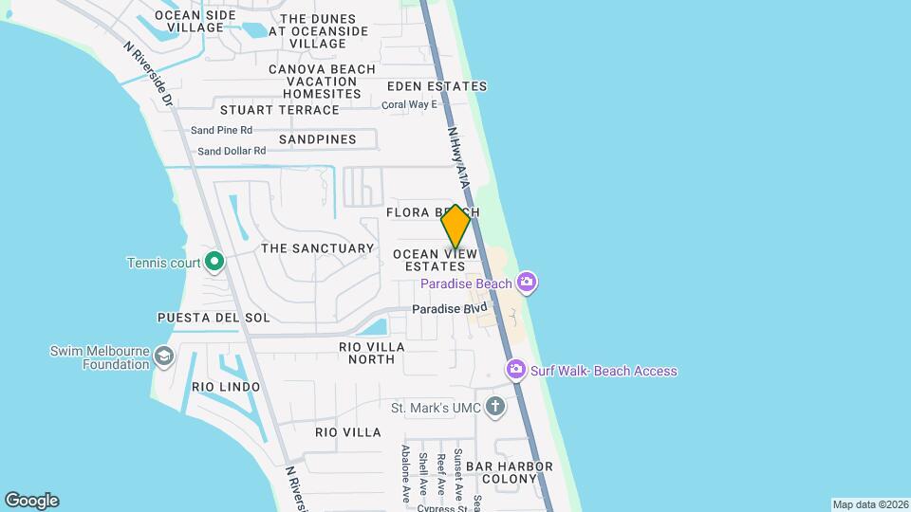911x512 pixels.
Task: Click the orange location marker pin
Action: pos(455,227)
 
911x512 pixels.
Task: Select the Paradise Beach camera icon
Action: pos(528,283)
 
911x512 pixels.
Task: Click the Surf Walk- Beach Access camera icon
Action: pos(516,370)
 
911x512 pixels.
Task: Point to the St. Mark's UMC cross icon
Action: pos(494,408)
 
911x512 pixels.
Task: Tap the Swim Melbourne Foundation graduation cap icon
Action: pos(164,357)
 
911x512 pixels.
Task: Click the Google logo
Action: pos(31,501)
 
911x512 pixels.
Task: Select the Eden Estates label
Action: pos(437,86)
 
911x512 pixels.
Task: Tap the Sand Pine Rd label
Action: pos(221,130)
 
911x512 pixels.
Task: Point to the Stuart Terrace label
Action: pos(279,110)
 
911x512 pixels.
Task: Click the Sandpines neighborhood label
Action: pos(317,139)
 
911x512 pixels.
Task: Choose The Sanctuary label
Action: pos(317,248)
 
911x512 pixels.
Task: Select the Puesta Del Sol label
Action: pos(214,318)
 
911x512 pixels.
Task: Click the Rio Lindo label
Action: pos(225,387)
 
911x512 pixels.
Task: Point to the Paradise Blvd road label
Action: pos(449,309)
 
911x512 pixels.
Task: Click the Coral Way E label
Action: pos(409,104)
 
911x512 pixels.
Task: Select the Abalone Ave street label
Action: pos(405,470)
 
